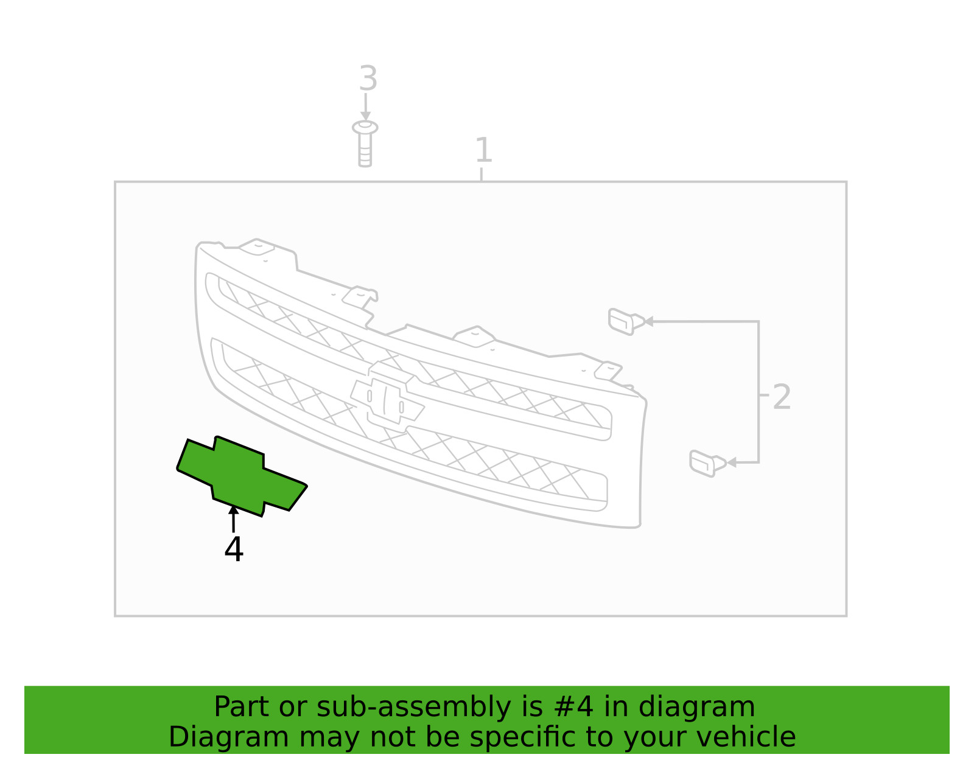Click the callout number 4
(234, 549)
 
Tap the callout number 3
(368, 78)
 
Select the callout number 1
(483, 150)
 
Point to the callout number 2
(782, 397)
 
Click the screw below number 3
(365, 144)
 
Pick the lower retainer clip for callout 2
(707, 464)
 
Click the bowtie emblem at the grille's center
(387, 394)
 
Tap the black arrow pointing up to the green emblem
(233, 518)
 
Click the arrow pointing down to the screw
(365, 107)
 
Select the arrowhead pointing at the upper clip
(649, 321)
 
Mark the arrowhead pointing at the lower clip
(732, 462)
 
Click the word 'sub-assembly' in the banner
(414, 708)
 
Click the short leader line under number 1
(481, 174)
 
